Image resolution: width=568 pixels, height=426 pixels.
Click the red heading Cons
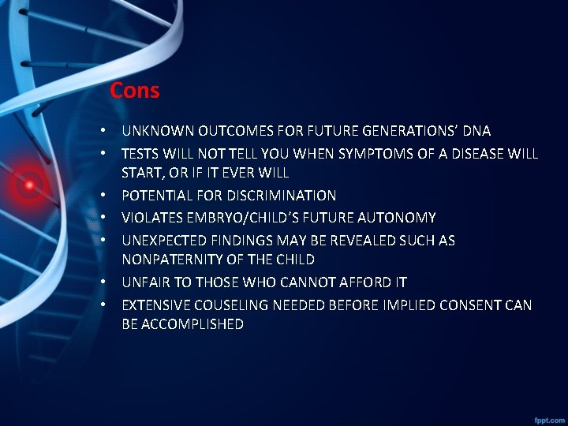[x=135, y=91]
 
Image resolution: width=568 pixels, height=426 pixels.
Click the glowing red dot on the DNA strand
[x=29, y=185]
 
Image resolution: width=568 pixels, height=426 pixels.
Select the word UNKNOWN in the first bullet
[x=158, y=131]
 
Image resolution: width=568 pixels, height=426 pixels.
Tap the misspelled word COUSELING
[x=223, y=305]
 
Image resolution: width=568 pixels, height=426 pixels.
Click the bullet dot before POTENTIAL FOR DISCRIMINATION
[x=103, y=196]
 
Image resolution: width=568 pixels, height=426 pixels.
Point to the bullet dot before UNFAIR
[x=103, y=282]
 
